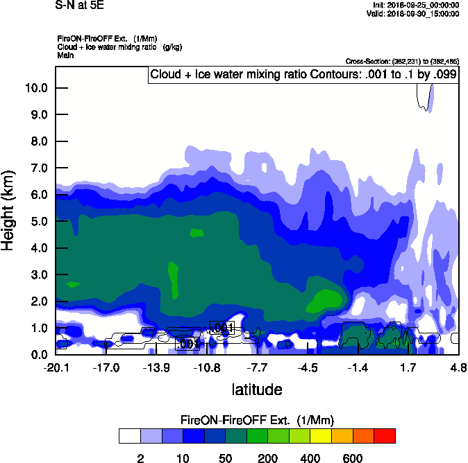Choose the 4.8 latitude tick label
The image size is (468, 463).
pos(458,367)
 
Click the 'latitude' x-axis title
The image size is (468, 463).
pos(257,390)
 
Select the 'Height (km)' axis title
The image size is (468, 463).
pos(9,211)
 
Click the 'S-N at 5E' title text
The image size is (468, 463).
pos(78,6)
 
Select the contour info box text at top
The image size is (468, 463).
pos(303,75)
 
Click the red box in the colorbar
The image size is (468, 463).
pos(385,435)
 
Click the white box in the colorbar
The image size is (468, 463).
pos(130,435)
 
